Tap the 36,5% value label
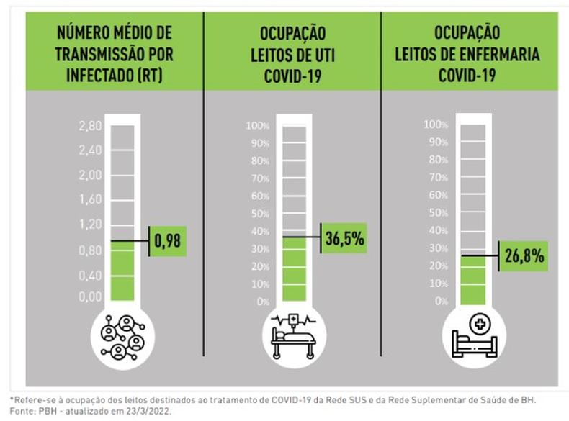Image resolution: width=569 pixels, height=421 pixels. click(344, 237)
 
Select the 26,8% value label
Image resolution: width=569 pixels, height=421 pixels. click(524, 255)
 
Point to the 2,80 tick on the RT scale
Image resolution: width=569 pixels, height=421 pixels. click(90, 126)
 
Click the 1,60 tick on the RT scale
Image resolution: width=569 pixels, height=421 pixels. click(90, 199)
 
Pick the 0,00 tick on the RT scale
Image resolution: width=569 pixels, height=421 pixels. click(90, 296)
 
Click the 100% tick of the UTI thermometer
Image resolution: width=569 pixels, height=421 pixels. click(258, 127)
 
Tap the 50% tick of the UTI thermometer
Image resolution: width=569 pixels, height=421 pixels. click(259, 214)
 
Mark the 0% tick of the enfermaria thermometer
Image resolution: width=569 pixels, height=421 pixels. click(441, 300)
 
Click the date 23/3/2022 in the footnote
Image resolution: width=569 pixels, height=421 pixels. click(151, 412)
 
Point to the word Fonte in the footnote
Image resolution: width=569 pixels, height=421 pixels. click(20, 412)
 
